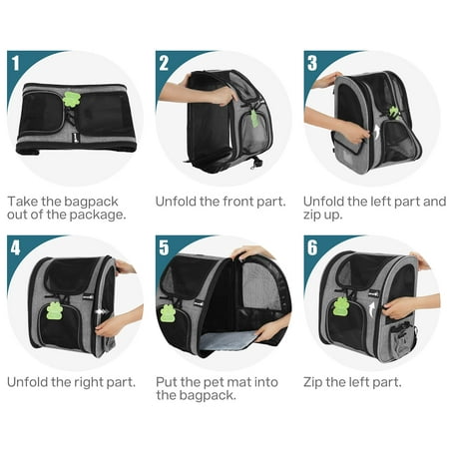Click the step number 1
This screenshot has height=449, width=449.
click(x=16, y=63)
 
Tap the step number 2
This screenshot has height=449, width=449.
click(x=164, y=63)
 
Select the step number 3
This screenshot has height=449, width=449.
click(x=312, y=63)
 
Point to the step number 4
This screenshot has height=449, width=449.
click(x=15, y=247)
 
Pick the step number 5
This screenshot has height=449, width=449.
click(x=164, y=247)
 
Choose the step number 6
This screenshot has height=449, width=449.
click(x=312, y=247)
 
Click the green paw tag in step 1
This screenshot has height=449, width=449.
click(x=71, y=99)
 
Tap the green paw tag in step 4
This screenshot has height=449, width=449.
click(x=54, y=310)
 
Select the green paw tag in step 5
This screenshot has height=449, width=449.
click(x=169, y=313)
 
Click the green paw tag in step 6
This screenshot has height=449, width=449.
click(x=341, y=306)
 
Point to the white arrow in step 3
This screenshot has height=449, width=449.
click(x=376, y=132)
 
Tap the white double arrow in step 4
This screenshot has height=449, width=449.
click(x=100, y=312)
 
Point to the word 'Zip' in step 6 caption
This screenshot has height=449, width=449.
click(x=312, y=382)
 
